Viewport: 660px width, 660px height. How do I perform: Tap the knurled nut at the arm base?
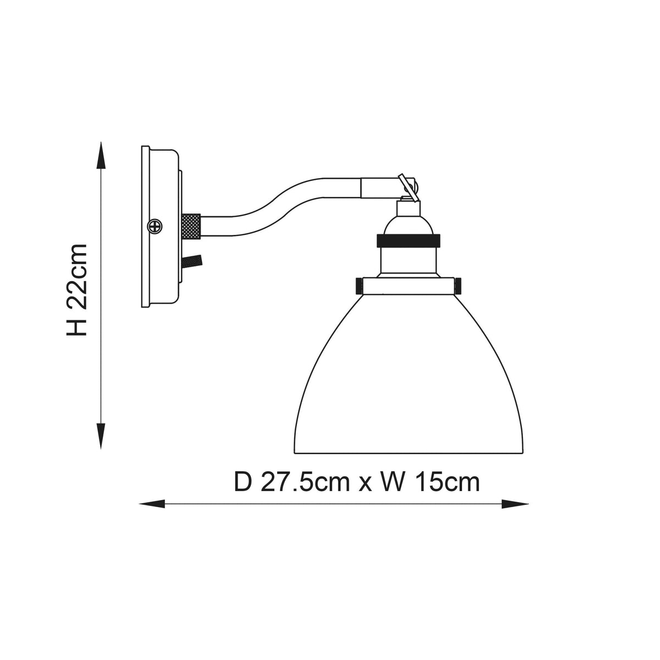pyautogui.click(x=193, y=226)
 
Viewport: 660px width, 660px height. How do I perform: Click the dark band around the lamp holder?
pyautogui.click(x=408, y=240)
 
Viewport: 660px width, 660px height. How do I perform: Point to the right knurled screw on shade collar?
pyautogui.click(x=458, y=286)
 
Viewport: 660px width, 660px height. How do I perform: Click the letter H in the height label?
pyautogui.click(x=76, y=327)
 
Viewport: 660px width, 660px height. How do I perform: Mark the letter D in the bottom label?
pyautogui.click(x=243, y=482)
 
